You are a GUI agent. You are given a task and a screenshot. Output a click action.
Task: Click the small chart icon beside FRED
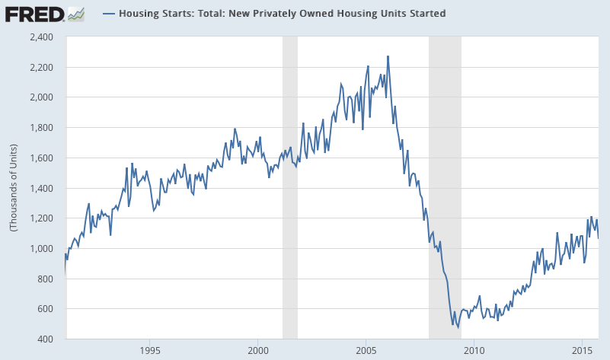coord(75,13)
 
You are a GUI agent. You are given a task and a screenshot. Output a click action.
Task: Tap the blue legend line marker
coord(108,14)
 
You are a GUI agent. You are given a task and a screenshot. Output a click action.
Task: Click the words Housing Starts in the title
coord(153,14)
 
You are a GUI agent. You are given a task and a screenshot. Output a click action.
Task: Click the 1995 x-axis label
coord(149,351)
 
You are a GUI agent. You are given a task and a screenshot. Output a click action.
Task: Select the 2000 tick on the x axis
coord(257,351)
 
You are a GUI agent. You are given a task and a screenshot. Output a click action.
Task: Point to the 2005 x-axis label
coord(366,351)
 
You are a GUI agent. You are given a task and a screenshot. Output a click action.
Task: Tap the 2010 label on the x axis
coord(474,351)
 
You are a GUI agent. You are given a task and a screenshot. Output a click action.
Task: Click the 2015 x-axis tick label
coord(583,351)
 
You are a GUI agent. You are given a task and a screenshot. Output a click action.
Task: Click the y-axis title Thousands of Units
coord(13,187)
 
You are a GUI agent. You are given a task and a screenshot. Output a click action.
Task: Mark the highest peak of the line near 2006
coord(388,56)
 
